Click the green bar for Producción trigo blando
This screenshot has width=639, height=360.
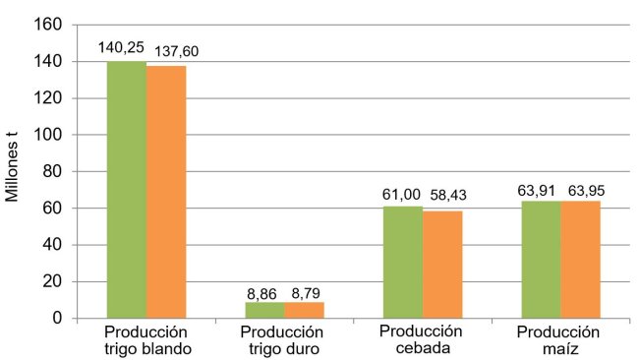pos(127,190)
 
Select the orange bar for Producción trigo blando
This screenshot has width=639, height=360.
pos(166,192)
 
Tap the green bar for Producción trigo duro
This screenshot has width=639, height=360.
pos(264,310)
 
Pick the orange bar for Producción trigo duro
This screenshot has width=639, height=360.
pos(304,310)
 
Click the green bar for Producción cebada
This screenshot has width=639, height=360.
pos(403,262)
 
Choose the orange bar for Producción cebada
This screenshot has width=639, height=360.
pos(442,265)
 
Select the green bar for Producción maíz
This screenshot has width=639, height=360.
pos(542,260)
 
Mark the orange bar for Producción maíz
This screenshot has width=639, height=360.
pos(580,260)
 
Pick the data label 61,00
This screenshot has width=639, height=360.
pos(401,193)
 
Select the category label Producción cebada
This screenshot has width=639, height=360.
pos(423,339)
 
